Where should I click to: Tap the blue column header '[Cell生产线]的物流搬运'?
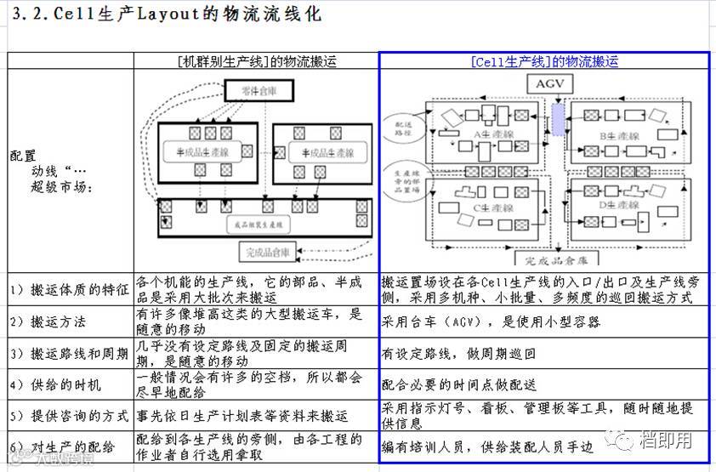543,61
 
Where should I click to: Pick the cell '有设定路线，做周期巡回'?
456,353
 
